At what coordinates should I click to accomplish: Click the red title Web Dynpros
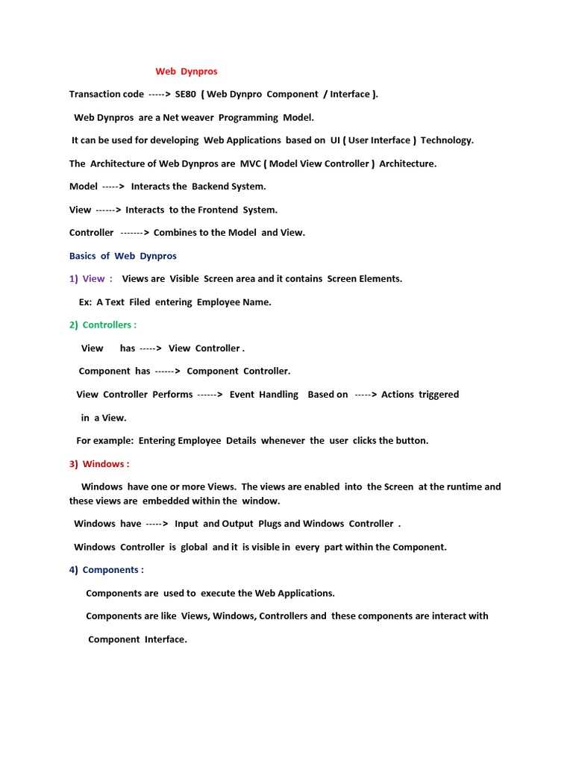pos(187,72)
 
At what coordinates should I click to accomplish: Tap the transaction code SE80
pos(185,94)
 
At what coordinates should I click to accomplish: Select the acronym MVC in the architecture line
pos(251,163)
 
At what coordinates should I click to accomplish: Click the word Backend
pos(210,187)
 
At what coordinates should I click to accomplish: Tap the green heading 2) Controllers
pos(103,325)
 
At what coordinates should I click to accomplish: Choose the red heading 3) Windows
pos(99,464)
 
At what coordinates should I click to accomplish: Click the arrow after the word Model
pos(113,187)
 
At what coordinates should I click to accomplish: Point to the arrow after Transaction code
pos(160,94)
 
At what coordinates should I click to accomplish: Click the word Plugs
pos(269,524)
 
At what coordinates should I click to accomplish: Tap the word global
pos(193,547)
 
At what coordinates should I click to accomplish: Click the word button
pos(412,441)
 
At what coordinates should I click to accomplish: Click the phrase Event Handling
pos(263,395)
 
